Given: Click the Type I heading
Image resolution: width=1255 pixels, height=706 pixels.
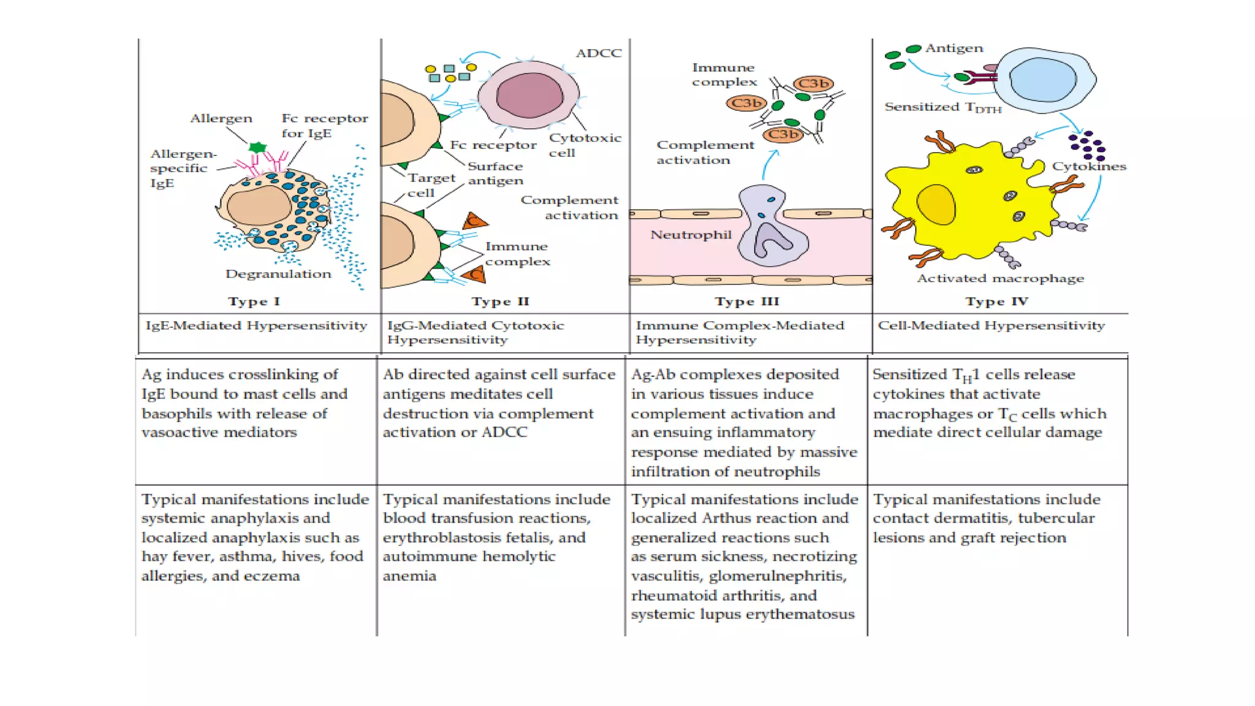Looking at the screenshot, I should click(x=254, y=302).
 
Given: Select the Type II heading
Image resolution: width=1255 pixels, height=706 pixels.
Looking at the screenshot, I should click(x=500, y=302).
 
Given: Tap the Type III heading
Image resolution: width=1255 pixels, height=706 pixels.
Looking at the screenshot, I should click(x=747, y=302).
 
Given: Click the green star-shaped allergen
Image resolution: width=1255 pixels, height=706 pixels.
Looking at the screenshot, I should click(x=257, y=147).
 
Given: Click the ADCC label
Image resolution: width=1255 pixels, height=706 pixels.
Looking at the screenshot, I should click(x=599, y=53).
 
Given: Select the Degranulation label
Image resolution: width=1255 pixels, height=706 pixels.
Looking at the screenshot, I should click(x=278, y=274).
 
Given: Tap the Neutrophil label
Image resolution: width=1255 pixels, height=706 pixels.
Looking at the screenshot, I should click(x=691, y=235).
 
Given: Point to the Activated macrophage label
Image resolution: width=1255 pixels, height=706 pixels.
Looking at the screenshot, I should click(x=1000, y=278).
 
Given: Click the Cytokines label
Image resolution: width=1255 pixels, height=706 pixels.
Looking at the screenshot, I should click(x=1089, y=166).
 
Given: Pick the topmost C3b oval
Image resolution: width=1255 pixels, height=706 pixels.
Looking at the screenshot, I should click(x=813, y=83).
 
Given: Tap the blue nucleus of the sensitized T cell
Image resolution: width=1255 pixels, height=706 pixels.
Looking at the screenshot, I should click(x=1042, y=80).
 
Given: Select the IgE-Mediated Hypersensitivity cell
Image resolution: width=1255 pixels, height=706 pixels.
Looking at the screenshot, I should click(x=256, y=325).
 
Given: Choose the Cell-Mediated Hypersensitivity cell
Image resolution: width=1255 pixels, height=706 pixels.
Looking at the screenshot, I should click(x=991, y=325).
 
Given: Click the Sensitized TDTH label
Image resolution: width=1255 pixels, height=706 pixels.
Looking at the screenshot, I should click(x=942, y=107).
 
